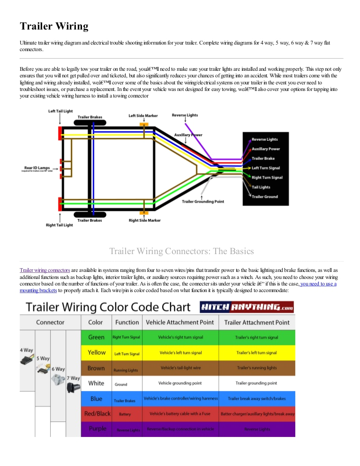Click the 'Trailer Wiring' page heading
tap(54, 26)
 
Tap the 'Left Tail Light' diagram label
tap(60, 111)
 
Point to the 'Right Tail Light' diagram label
tap(59, 225)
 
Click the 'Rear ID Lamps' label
tap(37, 168)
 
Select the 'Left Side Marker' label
tap(143, 115)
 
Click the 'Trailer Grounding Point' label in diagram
tap(203, 202)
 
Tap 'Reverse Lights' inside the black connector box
tap(264, 139)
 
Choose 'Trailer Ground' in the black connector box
tap(264, 196)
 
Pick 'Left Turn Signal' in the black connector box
tap(265, 168)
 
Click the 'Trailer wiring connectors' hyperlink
tap(45, 271)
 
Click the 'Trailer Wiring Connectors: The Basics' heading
tap(181, 251)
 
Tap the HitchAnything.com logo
tap(247, 308)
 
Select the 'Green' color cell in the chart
tap(96, 337)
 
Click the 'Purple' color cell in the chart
tap(97, 428)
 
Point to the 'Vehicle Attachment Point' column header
tap(180, 322)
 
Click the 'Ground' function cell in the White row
tap(121, 384)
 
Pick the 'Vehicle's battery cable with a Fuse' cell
tap(180, 414)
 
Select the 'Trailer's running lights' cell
tap(256, 368)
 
